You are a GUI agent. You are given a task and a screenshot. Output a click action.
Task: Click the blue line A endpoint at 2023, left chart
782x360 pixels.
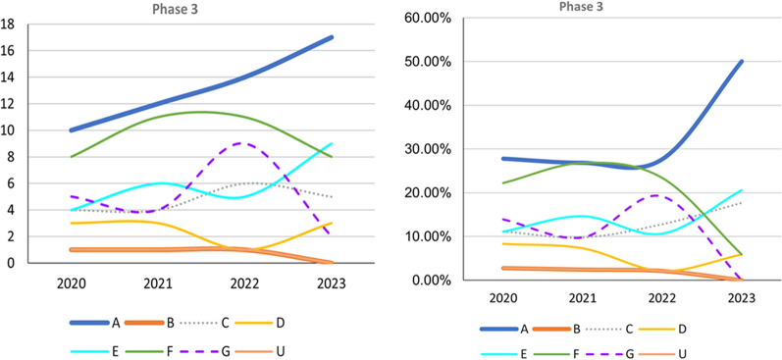click(333, 37)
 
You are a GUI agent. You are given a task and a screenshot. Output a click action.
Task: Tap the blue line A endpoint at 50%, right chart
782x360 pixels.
click(741, 61)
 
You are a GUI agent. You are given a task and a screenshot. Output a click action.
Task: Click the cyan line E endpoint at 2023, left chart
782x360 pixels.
click(333, 144)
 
